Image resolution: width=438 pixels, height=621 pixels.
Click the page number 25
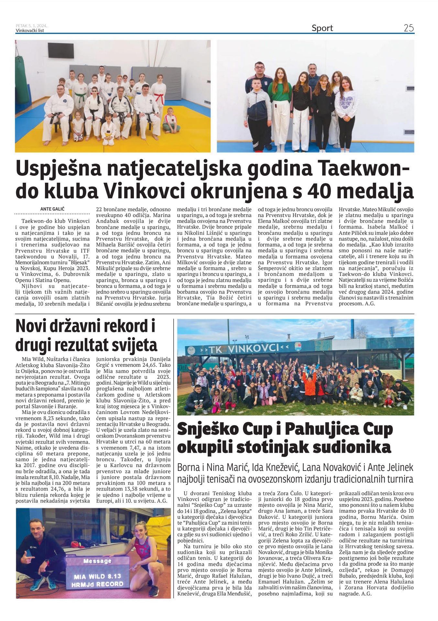pyautogui.click(x=409, y=28)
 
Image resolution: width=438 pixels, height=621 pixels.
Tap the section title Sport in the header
pyautogui.click(x=322, y=28)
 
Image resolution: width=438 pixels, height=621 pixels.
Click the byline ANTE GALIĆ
pyautogui.click(x=52, y=209)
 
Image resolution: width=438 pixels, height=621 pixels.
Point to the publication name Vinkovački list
pyautogui.click(x=30, y=31)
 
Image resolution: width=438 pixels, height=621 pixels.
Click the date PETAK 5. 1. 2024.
pyautogui.click(x=31, y=26)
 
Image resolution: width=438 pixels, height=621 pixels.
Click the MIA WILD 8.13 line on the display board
pyautogui.click(x=97, y=576)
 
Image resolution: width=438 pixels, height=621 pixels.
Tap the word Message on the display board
pyautogui.click(x=97, y=561)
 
